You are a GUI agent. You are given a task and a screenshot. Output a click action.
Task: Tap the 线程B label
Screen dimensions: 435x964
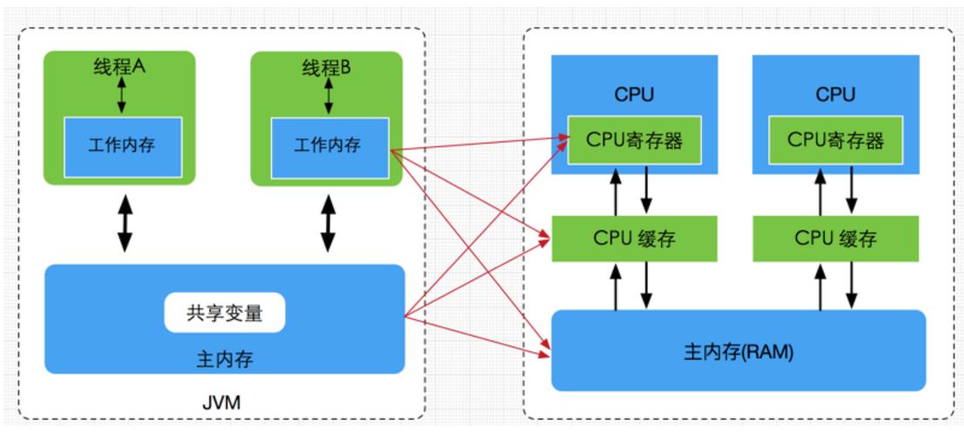[x=327, y=67]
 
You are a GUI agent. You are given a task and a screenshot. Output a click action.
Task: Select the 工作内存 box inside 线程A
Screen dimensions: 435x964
[x=122, y=144]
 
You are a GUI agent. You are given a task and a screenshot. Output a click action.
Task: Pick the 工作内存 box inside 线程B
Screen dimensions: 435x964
[x=328, y=144]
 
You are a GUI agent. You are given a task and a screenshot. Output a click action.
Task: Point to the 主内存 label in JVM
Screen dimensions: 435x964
[x=225, y=358]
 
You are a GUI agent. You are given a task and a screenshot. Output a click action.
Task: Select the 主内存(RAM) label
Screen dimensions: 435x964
[x=738, y=354]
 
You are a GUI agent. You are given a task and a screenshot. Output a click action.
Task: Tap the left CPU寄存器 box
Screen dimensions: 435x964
[x=635, y=139]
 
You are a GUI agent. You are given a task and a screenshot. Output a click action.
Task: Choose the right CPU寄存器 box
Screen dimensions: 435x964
[x=836, y=139]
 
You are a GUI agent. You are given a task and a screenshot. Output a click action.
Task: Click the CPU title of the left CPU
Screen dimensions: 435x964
[x=635, y=94]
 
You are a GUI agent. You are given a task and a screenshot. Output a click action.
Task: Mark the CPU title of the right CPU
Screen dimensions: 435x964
[x=836, y=94]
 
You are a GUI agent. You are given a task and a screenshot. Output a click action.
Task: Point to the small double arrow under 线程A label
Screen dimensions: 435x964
[x=121, y=95]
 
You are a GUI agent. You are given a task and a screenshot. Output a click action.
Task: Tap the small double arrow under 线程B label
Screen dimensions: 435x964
[x=328, y=95]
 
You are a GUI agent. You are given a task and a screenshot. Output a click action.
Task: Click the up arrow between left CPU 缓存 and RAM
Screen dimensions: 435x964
[x=616, y=286]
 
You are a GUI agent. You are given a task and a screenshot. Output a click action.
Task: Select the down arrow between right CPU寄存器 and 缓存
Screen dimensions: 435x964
[x=851, y=190]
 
